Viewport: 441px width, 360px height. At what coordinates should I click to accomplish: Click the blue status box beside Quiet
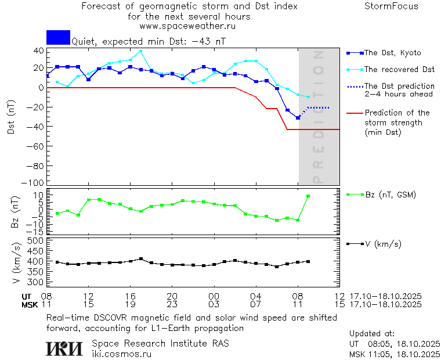[x=58, y=37]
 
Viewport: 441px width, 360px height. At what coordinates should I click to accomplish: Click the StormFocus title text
[x=391, y=6]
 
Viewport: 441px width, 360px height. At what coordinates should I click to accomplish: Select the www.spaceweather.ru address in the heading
[x=187, y=26]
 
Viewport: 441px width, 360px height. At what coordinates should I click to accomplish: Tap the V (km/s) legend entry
[x=383, y=244]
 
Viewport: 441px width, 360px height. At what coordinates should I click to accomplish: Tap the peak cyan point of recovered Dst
[x=140, y=51]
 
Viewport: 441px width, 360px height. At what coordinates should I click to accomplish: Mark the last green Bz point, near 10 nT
[x=308, y=196]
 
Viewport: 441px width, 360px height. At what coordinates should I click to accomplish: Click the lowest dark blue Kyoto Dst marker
[x=298, y=118]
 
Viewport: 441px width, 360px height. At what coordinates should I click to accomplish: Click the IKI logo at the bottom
[x=64, y=348]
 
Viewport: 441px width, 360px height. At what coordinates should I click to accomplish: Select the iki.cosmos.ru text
[x=121, y=354]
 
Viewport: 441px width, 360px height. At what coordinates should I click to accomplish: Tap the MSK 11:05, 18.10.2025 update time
[x=395, y=354]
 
